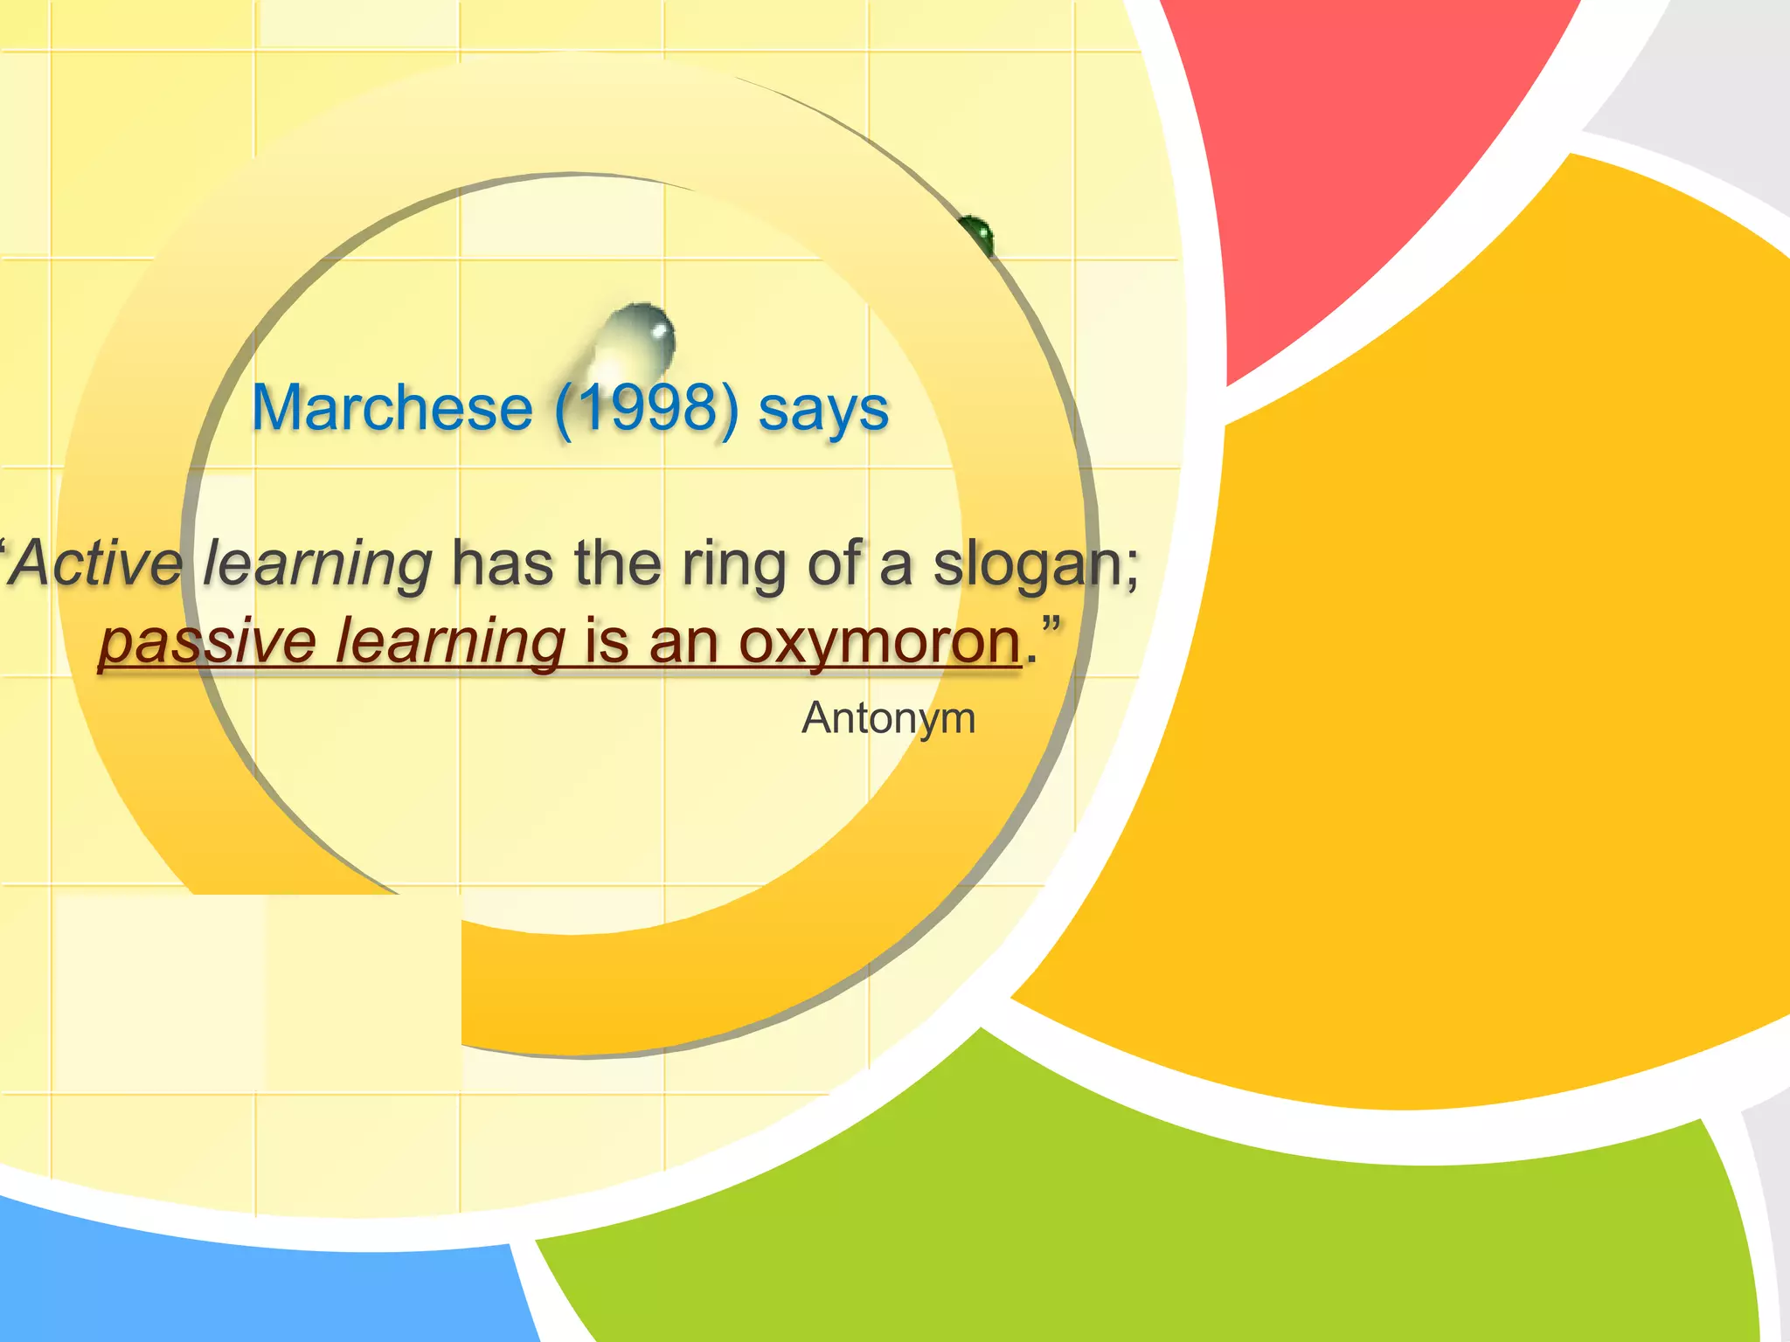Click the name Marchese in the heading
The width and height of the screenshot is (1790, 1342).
click(x=392, y=408)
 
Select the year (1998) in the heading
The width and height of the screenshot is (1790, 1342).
click(x=647, y=408)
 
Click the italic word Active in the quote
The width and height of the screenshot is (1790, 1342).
click(x=96, y=564)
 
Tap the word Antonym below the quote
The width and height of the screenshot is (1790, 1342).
click(x=888, y=719)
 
